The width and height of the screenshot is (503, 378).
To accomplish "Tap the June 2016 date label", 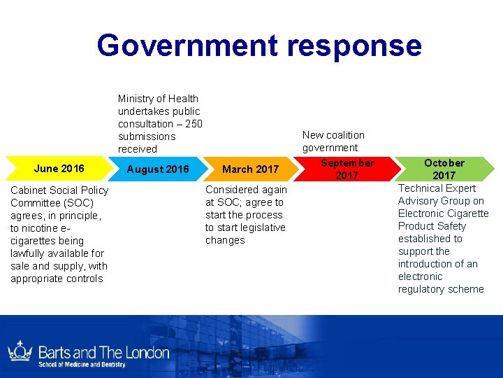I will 59,168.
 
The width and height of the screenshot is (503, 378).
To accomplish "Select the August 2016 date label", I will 158,169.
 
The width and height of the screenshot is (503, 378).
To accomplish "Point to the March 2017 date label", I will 250,169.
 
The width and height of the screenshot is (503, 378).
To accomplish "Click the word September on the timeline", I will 347,163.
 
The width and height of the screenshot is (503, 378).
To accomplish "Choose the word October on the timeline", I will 444,163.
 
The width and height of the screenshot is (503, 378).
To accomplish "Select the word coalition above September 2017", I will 346,135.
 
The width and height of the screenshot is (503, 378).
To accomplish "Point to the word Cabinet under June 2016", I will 29,190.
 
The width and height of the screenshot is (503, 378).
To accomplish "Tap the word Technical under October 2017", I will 421,188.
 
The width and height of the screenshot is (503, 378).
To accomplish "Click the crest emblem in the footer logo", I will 19,351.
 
